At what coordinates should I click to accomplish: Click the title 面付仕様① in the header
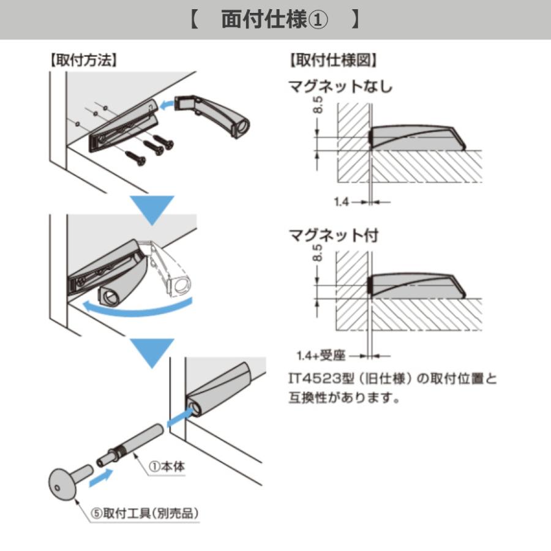(x=274, y=20)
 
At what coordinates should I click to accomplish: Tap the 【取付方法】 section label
(x=84, y=61)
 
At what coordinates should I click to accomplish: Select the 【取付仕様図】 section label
(x=333, y=61)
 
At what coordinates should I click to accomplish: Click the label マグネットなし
(x=340, y=86)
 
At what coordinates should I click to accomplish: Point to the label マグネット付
(x=334, y=236)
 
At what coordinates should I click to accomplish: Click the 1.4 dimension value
(x=341, y=202)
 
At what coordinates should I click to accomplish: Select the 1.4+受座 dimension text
(x=321, y=356)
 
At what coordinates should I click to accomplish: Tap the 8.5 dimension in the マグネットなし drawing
(x=318, y=105)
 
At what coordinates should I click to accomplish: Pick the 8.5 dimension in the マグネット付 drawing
(x=317, y=253)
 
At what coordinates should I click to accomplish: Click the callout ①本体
(x=167, y=467)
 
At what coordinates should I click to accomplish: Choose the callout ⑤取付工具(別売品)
(x=144, y=514)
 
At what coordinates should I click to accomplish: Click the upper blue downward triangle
(x=152, y=210)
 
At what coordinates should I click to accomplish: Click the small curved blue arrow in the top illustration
(x=167, y=103)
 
